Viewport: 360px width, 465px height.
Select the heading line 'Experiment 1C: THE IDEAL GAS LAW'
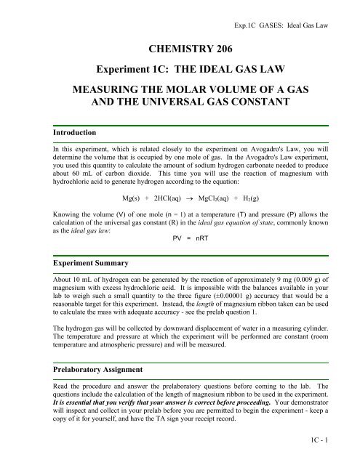180,76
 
